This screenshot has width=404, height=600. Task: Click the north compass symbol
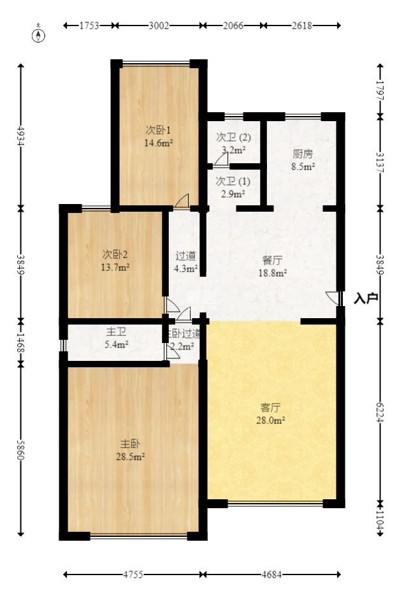[40, 34]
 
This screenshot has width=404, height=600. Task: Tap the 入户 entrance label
[366, 298]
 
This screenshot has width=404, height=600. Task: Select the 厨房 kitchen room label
[303, 154]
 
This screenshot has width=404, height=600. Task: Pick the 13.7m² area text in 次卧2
[115, 267]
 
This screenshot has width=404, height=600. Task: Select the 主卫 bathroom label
[116, 332]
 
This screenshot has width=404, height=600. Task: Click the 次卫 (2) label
[233, 137]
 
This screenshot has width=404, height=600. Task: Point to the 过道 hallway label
[185, 256]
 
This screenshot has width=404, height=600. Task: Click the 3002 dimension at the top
[159, 26]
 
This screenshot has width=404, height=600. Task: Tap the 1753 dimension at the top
[89, 26]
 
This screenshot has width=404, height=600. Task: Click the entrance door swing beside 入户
[332, 298]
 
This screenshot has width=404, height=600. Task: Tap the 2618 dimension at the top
[302, 26]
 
